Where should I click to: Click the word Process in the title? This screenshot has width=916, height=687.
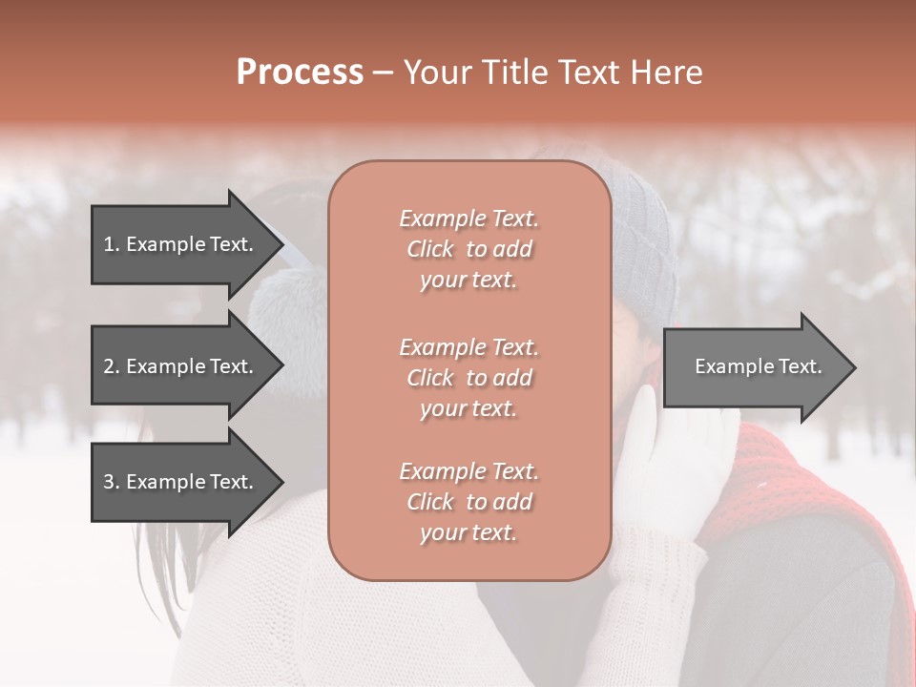point(300,73)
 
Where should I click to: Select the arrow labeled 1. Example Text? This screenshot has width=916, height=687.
point(181,244)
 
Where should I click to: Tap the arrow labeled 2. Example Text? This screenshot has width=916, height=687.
point(181,366)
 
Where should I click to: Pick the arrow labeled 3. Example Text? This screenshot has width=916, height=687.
point(181,482)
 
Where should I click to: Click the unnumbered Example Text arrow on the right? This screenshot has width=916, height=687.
point(754,366)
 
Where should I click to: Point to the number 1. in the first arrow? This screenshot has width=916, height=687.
point(112,244)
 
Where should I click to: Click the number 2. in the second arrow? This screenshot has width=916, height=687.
point(112,366)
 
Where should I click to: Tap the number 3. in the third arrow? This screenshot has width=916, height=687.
point(112,482)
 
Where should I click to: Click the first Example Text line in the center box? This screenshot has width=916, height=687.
point(468,219)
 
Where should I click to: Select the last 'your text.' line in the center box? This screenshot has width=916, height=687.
point(468,533)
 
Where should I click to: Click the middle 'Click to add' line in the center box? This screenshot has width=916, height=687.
point(468,378)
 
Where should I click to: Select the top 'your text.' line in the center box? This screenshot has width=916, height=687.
point(468,281)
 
